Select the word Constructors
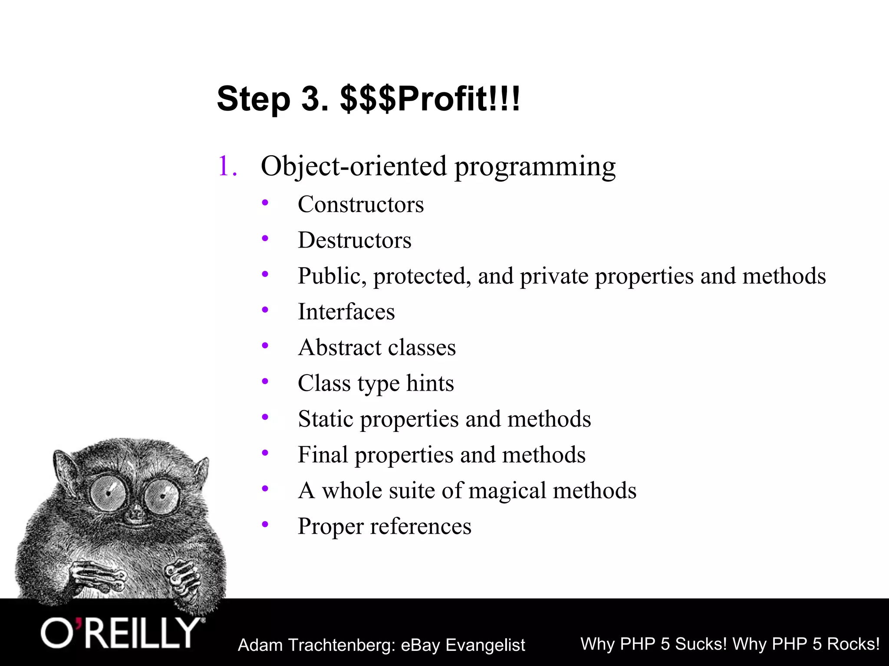(360, 204)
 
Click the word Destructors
(354, 240)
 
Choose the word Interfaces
(346, 312)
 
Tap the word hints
(430, 383)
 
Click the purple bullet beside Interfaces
(265, 310)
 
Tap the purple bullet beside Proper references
(265, 524)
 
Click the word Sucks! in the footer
(701, 644)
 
